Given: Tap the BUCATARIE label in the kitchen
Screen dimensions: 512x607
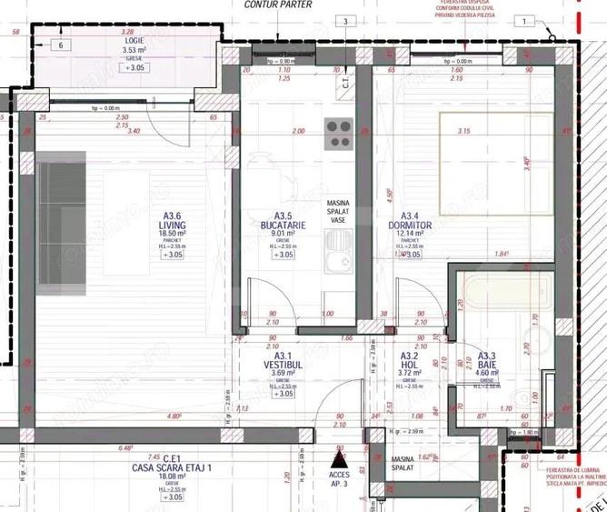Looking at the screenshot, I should coord(282,225).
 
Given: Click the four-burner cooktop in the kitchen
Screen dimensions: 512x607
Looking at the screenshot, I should coord(339,134).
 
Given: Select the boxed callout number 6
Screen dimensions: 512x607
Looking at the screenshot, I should coord(61,45).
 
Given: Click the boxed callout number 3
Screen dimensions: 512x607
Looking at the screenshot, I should coord(345,21).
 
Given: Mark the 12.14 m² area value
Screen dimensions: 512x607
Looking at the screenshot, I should coord(411,234).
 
